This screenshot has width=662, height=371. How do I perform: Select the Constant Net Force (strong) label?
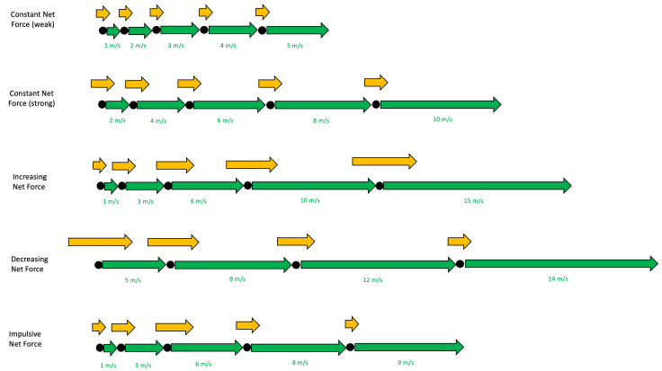[33, 98]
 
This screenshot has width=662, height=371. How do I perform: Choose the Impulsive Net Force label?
[26, 338]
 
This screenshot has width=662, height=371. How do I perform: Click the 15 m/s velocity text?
[474, 200]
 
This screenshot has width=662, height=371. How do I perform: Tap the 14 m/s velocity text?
[558, 279]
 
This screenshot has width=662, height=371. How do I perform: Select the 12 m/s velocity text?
[373, 279]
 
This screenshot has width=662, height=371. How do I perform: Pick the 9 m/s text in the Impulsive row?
[405, 363]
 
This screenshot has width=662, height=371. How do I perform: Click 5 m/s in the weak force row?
[294, 45]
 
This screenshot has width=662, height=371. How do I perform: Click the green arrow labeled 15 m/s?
[478, 186]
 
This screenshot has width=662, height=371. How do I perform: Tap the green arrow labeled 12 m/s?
[378, 264]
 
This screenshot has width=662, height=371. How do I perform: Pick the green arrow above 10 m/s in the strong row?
[440, 105]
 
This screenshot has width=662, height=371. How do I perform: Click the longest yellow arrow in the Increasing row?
[384, 161]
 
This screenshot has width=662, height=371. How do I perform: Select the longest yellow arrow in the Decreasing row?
[100, 242]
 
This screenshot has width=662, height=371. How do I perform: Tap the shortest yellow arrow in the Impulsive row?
[352, 323]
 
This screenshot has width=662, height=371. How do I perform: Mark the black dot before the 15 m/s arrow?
[380, 186]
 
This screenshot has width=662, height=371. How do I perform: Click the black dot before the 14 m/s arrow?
[460, 263]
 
